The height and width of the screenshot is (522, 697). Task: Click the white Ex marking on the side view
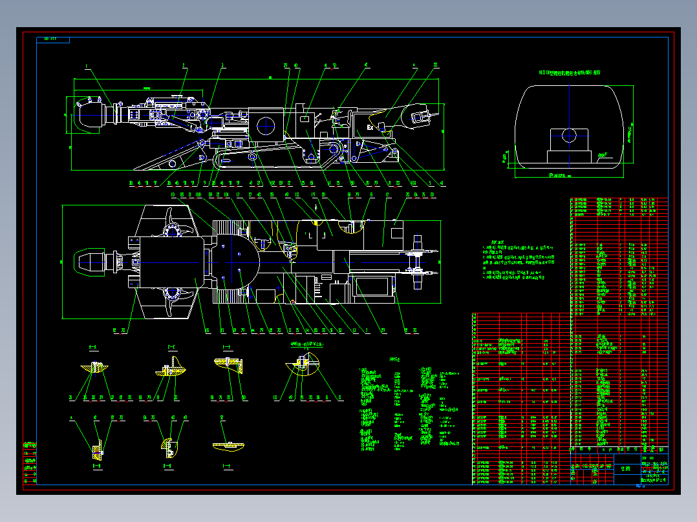[x=370, y=128]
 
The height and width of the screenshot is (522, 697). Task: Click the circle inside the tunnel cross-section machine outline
[x=569, y=135]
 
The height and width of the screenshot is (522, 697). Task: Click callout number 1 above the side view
[x=85, y=66]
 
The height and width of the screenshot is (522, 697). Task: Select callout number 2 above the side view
[x=184, y=66]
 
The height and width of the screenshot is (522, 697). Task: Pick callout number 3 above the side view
[x=222, y=66]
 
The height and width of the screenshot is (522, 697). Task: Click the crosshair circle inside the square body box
[x=266, y=123]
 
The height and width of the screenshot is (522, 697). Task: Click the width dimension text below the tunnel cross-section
[x=561, y=175]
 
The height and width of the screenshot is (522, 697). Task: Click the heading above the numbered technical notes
[x=497, y=240]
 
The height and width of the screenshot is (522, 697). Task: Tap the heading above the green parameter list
[x=394, y=360]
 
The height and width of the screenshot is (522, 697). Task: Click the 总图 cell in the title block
[x=624, y=469]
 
